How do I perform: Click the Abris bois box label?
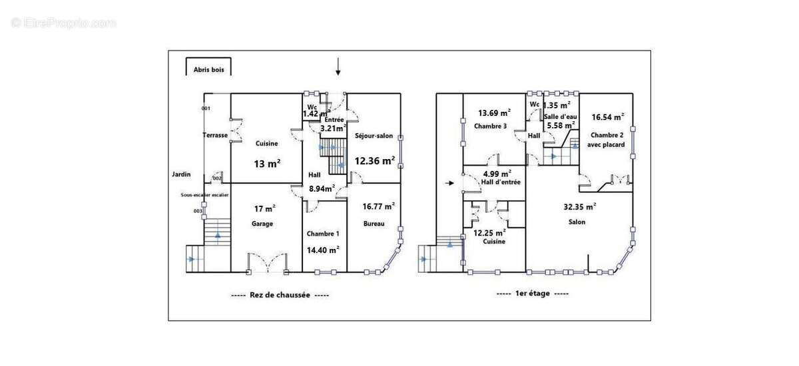pyautogui.click(x=209, y=69)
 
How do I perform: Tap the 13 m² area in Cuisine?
pyautogui.click(x=267, y=163)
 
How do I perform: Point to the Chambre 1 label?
pyautogui.click(x=323, y=234)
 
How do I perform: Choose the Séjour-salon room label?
pyautogui.click(x=374, y=136)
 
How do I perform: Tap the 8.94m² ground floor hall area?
pyautogui.click(x=321, y=189)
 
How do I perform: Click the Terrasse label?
pyautogui.click(x=215, y=135)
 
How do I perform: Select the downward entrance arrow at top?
pyautogui.click(x=338, y=66)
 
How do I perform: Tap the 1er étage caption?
pyautogui.click(x=533, y=293)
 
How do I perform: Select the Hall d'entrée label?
pyautogui.click(x=501, y=182)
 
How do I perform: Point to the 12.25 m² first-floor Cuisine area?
pyautogui.click(x=490, y=232)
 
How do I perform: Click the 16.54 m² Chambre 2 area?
pyautogui.click(x=607, y=116)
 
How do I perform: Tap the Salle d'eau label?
pyautogui.click(x=560, y=116)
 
